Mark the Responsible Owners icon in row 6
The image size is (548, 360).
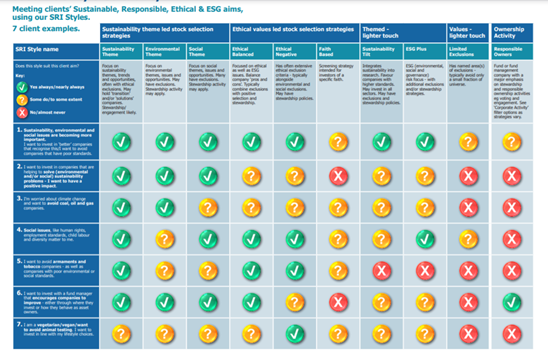click(x=510, y=305)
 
